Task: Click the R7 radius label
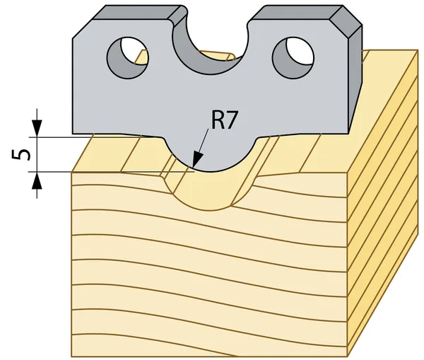click(224, 120)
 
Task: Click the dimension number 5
click(20, 155)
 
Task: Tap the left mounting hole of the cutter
click(128, 58)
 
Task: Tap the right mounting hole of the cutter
click(293, 58)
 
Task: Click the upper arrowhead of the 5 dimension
click(37, 128)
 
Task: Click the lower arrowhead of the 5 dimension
click(37, 181)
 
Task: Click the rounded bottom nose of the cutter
click(211, 157)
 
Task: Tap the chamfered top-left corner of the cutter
click(82, 29)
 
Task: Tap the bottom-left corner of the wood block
click(71, 356)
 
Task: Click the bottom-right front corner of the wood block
click(347, 356)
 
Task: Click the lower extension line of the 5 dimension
click(112, 172)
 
